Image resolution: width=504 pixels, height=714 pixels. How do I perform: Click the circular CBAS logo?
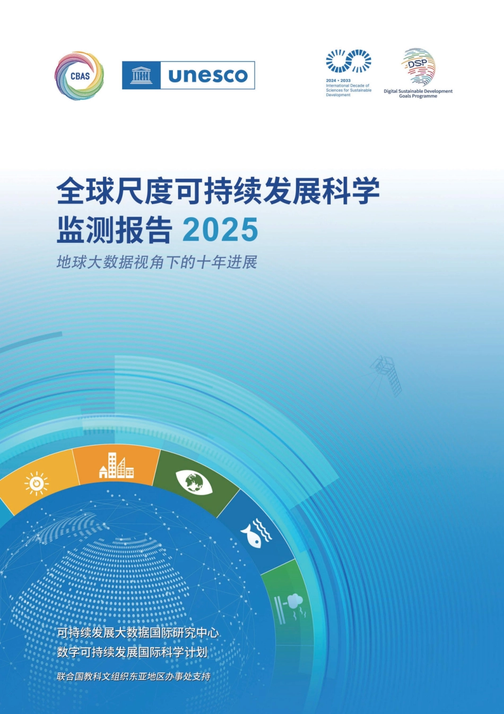tap(80, 75)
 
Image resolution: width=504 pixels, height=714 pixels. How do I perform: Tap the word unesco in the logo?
tap(208, 75)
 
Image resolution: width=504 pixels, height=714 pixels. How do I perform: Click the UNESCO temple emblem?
tap(141, 75)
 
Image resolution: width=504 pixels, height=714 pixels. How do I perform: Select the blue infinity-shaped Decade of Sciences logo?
tap(348, 61)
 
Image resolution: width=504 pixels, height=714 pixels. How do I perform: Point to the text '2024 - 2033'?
tap(338, 81)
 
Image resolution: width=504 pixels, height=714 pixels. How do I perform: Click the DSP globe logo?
tap(418, 67)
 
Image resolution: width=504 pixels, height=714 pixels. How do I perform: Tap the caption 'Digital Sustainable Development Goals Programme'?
tap(418, 93)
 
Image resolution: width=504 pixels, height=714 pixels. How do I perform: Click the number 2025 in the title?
tap(220, 230)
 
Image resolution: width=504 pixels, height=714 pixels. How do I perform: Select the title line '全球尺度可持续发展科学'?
tap(218, 191)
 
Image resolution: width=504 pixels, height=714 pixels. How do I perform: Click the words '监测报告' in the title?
tap(115, 230)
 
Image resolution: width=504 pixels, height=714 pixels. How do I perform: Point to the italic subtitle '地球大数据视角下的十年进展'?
tap(157, 262)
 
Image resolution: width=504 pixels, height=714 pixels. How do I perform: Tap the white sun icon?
tap(37, 483)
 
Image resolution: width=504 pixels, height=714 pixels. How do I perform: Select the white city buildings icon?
tap(116, 466)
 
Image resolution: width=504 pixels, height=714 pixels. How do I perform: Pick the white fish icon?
tap(256, 533)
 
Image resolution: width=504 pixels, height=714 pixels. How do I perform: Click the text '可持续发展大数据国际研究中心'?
tap(138, 633)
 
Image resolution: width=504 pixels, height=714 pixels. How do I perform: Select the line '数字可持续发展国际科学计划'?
tap(132, 652)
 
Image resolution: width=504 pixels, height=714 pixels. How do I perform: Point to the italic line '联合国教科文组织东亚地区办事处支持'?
tap(134, 677)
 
